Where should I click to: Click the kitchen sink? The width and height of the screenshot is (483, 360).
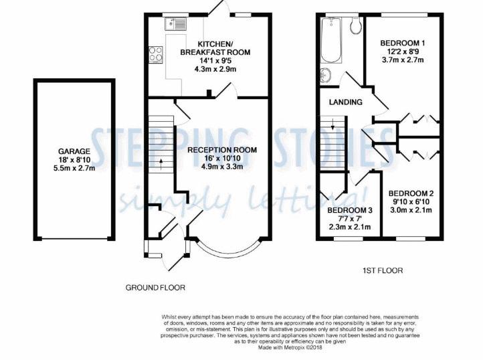point(176,23)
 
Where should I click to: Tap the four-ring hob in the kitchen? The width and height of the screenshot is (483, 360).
point(156,54)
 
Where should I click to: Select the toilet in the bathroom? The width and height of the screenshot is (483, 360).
point(356,25)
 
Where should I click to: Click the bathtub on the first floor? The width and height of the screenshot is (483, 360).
point(331,39)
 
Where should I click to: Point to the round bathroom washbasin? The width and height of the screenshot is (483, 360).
point(326,75)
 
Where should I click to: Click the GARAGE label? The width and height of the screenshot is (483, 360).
point(74,151)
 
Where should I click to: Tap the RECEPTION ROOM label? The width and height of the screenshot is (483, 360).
point(222,150)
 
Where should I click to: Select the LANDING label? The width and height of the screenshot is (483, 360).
point(346,102)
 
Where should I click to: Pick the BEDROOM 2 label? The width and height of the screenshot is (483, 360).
point(411,193)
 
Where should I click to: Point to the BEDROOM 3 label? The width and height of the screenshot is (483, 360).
point(350,211)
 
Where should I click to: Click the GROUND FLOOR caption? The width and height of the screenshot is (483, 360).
point(155,288)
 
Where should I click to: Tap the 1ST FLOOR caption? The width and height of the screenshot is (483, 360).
point(383,270)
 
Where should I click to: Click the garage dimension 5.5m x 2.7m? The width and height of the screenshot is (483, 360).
point(74,168)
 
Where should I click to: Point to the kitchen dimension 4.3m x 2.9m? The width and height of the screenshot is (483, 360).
point(215,69)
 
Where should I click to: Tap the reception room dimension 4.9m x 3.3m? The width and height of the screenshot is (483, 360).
point(222,167)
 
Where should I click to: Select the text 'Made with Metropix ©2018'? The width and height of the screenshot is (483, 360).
point(290,347)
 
